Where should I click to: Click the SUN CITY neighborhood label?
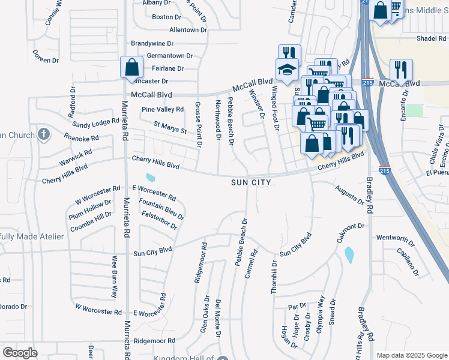coord(252,182)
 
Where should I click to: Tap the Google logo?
coord(20,353)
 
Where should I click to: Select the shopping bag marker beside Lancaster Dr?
coord(131,68)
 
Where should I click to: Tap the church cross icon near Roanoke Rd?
coord(43,134)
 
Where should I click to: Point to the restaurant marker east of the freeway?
coord(400,70)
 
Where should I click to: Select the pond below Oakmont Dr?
coord(349,256)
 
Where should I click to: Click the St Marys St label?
coord(170,127)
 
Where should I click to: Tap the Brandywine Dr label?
coord(152,43)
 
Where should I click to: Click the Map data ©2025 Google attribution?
coord(412,355)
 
